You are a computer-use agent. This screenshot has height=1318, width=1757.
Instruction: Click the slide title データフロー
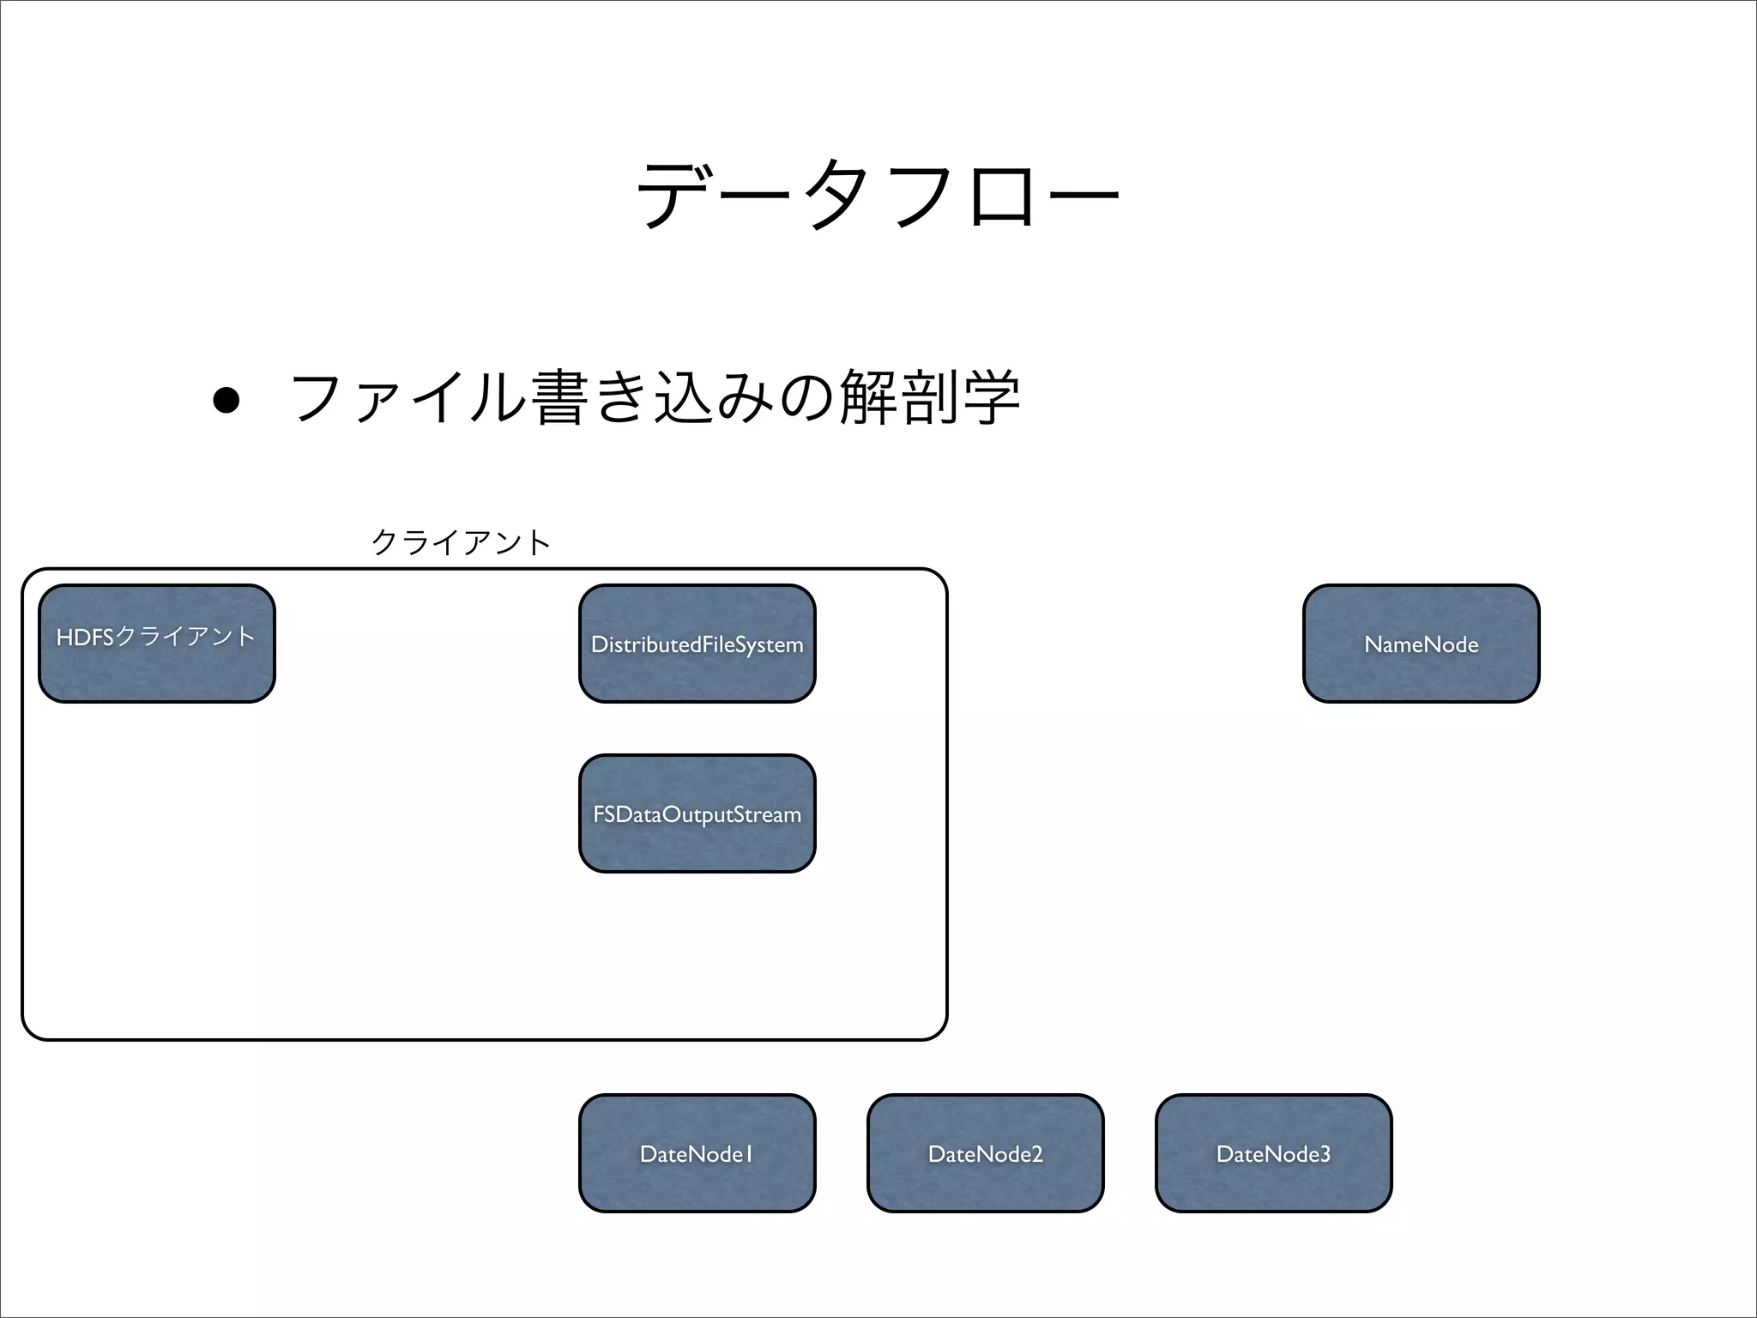point(878,196)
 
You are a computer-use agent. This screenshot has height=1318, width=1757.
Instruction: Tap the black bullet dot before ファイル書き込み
point(226,400)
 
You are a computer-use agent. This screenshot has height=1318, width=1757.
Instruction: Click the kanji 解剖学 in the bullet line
point(930,397)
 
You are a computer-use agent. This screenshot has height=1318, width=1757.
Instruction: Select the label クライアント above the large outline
point(461,542)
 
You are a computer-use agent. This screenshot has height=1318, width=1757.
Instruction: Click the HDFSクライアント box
point(157,644)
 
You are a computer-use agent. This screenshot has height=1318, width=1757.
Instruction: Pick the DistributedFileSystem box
point(697,644)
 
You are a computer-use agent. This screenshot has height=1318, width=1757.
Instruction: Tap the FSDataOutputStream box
point(697,813)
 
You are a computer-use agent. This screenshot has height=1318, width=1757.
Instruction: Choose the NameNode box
point(1422,644)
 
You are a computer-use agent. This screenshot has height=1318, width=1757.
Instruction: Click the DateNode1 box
point(697,1153)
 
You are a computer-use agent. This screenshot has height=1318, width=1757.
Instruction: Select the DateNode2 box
point(986,1153)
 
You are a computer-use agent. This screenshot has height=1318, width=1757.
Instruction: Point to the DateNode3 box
point(1274,1153)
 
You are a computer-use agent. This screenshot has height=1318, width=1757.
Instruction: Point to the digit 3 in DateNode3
point(1325,1154)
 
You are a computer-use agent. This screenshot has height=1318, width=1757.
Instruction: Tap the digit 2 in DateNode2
point(1036,1154)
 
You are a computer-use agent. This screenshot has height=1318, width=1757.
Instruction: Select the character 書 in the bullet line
point(559,398)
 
